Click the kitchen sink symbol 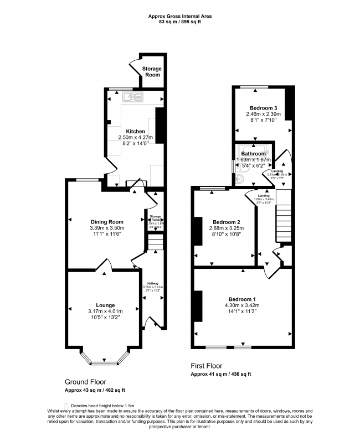(x=132, y=98)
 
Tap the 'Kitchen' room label (x=135, y=132)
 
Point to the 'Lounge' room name (x=105, y=305)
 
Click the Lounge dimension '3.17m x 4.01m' (x=105, y=311)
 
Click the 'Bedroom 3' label (x=263, y=108)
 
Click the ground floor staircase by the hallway (x=155, y=242)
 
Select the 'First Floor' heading (x=206, y=366)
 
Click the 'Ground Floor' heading (x=85, y=382)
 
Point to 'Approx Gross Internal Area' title (x=179, y=17)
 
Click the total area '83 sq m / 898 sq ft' (x=179, y=23)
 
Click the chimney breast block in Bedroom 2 (x=197, y=230)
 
